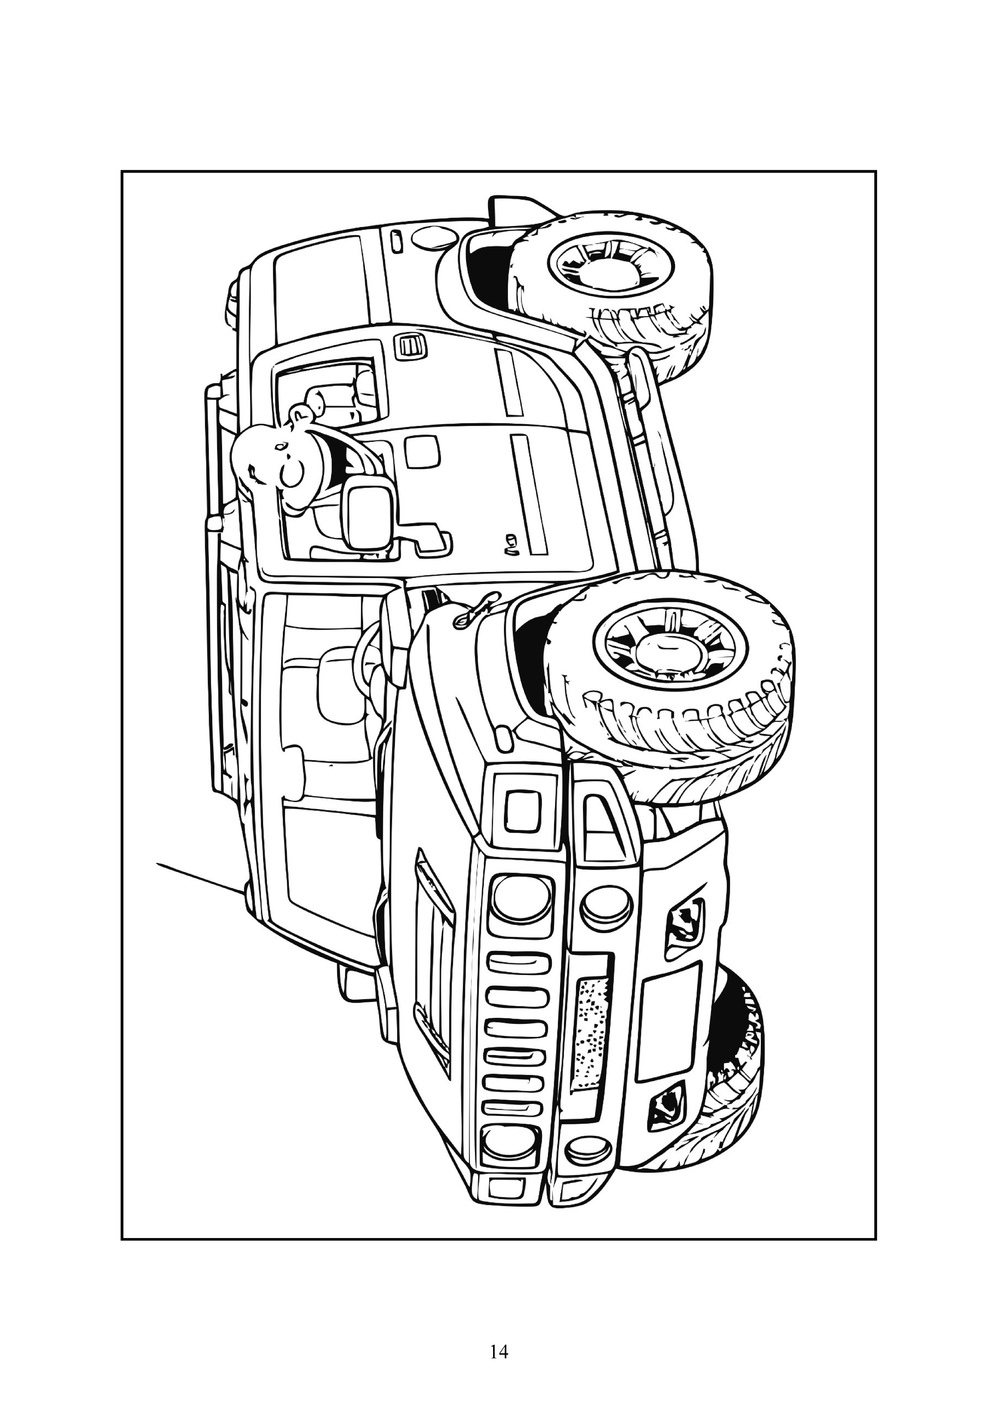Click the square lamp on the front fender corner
(x=523, y=811)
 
